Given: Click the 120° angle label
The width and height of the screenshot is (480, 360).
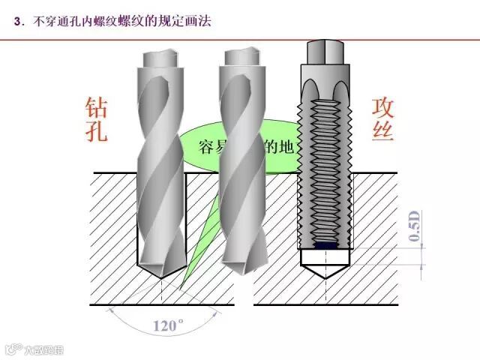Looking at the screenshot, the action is point(169,325).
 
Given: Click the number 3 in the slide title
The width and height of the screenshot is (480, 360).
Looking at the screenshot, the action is point(17,22).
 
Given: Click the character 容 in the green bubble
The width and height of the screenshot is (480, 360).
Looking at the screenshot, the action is point(207,145).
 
